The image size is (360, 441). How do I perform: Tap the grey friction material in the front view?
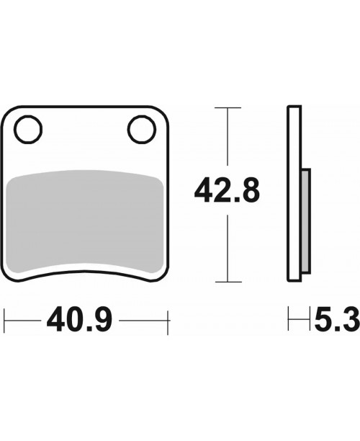click(x=84, y=222)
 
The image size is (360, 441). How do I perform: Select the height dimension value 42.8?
click(x=227, y=190)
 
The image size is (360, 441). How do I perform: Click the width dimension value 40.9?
click(x=79, y=319)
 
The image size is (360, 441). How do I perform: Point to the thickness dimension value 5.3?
click(x=337, y=319)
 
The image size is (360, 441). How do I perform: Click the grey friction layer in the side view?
click(x=306, y=221)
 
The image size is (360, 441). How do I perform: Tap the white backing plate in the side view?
click(x=294, y=194)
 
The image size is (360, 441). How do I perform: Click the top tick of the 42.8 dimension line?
click(x=228, y=107)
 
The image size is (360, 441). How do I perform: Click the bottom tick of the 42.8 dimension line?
click(x=228, y=282)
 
